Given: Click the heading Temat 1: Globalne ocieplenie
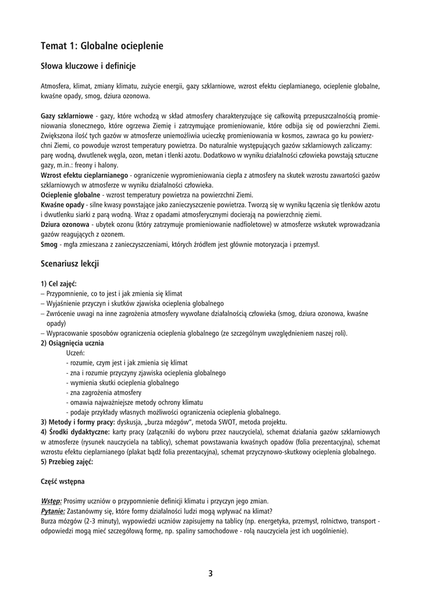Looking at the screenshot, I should click(x=102, y=45).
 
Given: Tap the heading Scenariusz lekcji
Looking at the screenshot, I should click(x=70, y=264).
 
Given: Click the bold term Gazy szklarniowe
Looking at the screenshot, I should click(x=67, y=116).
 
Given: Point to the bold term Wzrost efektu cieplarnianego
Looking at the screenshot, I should click(x=84, y=175).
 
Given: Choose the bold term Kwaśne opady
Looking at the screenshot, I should click(x=62, y=205).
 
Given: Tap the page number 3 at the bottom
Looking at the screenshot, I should click(x=211, y=574).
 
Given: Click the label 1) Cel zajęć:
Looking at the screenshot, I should click(x=59, y=284).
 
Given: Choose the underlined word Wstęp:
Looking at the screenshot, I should click(x=51, y=501).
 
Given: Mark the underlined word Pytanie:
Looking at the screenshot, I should click(x=53, y=511).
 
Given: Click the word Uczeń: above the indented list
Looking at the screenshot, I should click(x=76, y=353).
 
